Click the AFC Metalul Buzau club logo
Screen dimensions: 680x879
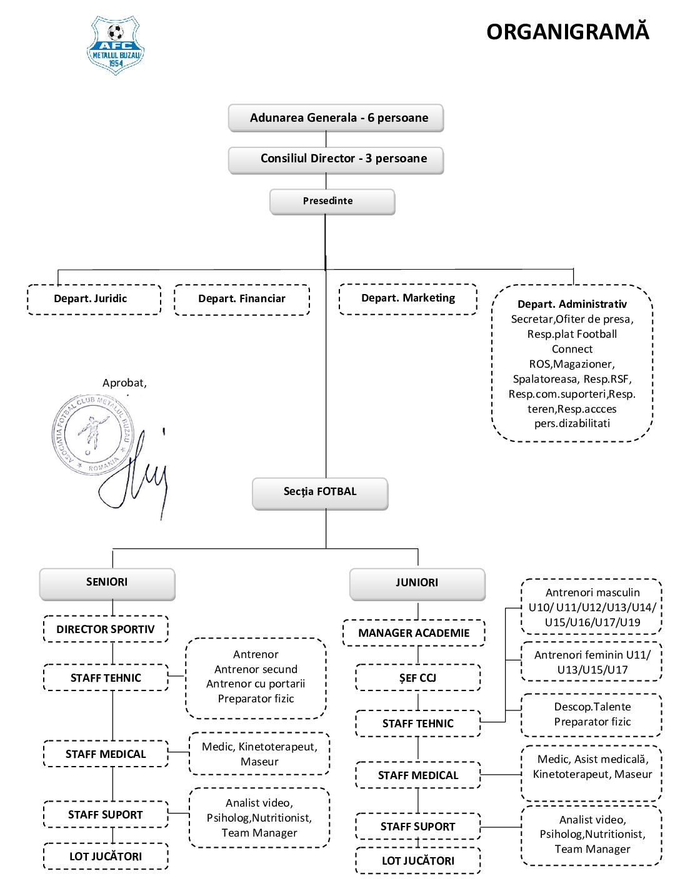pos(116,45)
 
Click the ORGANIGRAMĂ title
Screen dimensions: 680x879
pos(567,31)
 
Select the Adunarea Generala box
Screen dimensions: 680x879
pos(336,118)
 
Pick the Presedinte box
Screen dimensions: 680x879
pos(332,202)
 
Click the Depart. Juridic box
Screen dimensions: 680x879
pos(94,299)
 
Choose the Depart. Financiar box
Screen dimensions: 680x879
pos(242,299)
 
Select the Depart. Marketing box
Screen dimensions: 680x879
pos(408,299)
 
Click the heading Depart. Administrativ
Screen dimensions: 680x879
pos(572,304)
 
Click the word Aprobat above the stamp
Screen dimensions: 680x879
pos(123,383)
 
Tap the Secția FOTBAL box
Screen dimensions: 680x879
pos(320,494)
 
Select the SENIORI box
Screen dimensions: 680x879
pos(107,584)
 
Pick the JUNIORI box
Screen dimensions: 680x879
pos(417,584)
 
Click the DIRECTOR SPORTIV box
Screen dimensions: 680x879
pos(106,629)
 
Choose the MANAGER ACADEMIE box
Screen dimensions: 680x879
pos(414,632)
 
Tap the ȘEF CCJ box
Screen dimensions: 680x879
pos(418,677)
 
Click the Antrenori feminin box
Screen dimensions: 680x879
pos(592,662)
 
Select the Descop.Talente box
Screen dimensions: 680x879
pos(592,715)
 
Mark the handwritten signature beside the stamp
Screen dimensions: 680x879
pos(134,473)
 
